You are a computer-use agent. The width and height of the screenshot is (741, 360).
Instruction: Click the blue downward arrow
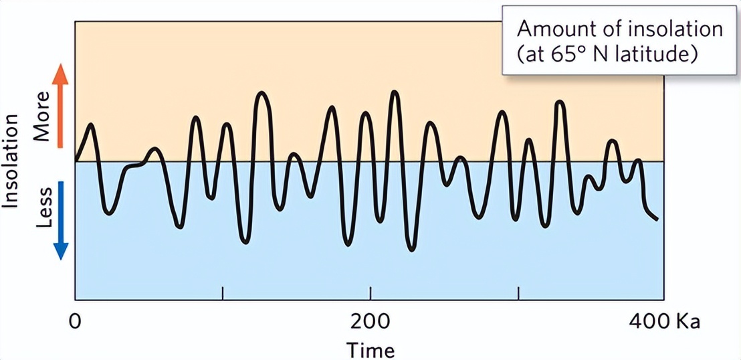click(x=60, y=220)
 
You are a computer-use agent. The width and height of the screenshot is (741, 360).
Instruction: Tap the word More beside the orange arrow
click(x=42, y=124)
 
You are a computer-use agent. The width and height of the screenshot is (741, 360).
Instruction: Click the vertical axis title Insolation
click(x=11, y=161)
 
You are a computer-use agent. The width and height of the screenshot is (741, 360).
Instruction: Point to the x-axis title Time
click(x=370, y=349)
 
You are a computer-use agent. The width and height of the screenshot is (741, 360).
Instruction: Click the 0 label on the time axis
click(x=75, y=321)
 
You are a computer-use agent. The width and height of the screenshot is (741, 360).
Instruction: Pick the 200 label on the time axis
click(x=370, y=321)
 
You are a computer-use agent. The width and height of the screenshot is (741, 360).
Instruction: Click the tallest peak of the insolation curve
click(x=395, y=92)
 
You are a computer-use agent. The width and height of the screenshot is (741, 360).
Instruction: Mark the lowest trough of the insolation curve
click(x=411, y=250)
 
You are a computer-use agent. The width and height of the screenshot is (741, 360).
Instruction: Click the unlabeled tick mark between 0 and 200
click(x=223, y=293)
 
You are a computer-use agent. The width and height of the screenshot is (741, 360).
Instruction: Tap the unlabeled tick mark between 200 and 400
click(x=518, y=293)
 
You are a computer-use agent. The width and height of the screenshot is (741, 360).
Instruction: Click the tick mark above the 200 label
click(x=370, y=293)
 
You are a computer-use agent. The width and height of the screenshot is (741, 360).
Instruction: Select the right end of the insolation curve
click(x=657, y=219)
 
